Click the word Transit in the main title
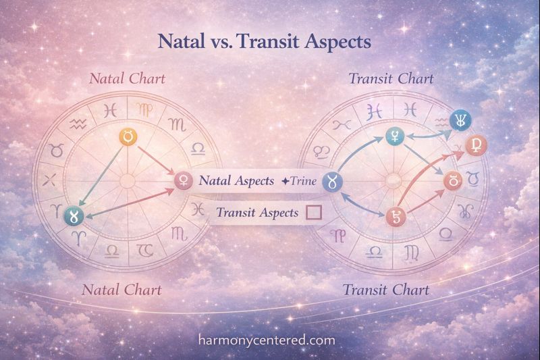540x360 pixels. click(x=271, y=41)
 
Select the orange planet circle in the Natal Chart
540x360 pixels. click(x=128, y=136)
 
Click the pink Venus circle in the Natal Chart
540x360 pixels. click(x=182, y=180)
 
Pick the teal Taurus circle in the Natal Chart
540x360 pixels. click(x=72, y=215)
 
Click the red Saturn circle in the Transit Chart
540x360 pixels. click(x=393, y=217)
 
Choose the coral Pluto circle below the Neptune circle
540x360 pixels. click(x=476, y=145)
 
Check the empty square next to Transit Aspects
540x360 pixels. click(x=313, y=213)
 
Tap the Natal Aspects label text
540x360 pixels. click(x=236, y=181)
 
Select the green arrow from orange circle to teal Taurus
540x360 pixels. click(x=101, y=174)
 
